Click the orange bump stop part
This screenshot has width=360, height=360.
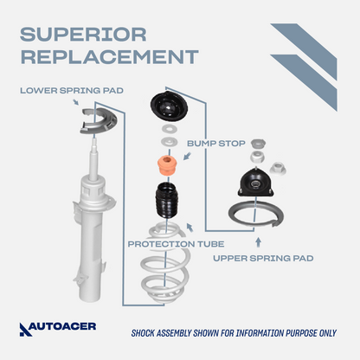167,164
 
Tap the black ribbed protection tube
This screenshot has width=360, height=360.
167,200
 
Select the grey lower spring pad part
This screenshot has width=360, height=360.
99,120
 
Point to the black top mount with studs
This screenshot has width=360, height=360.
255,183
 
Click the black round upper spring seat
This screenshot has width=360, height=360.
169,107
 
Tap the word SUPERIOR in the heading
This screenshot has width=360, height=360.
83,35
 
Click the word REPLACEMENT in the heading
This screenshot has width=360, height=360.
109,56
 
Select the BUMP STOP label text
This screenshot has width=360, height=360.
216,144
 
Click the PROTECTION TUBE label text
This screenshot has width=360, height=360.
176,244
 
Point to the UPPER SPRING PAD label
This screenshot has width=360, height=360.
263,258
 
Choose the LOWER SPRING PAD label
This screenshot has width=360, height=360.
72,91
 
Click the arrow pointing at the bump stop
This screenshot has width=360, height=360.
188,156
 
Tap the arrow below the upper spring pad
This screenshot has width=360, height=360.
258,242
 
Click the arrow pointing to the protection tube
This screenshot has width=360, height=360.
190,228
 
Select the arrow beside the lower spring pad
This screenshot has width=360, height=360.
75,102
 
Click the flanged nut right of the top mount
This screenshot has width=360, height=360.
278,169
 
